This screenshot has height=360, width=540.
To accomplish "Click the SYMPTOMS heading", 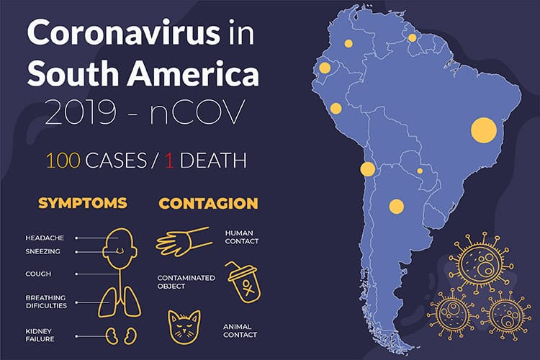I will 81,203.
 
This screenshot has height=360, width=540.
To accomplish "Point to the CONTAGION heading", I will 207,203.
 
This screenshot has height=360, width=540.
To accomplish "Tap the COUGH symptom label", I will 39,274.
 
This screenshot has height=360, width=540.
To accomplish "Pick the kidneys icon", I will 118,335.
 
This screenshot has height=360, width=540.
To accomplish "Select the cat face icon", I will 184,327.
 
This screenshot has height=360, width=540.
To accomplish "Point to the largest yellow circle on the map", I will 485,130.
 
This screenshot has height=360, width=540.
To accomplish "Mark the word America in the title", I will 190,73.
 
